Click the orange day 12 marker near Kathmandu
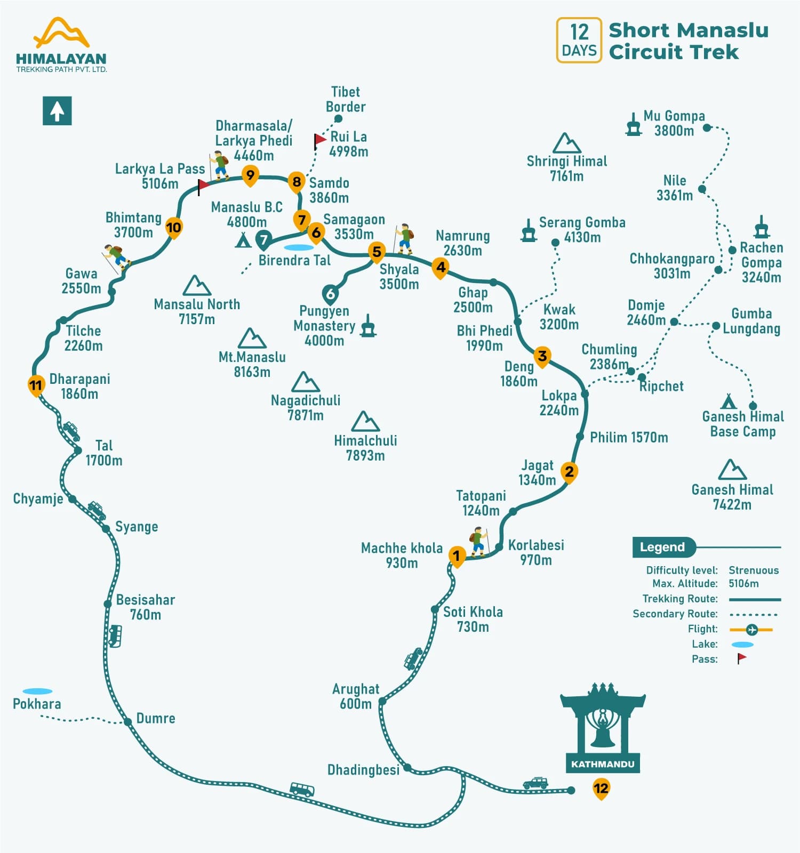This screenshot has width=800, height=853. pyautogui.click(x=601, y=788)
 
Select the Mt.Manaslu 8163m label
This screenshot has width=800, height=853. pyautogui.click(x=252, y=364)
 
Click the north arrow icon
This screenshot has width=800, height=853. pyautogui.click(x=57, y=111)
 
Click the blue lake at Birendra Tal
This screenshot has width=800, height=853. pyautogui.click(x=299, y=247)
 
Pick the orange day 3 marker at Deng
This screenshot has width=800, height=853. pyautogui.click(x=542, y=356)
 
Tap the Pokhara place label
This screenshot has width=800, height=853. pyautogui.click(x=37, y=704)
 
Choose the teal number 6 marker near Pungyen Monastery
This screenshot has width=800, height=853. pyautogui.click(x=331, y=294)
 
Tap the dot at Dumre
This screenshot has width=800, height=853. pyautogui.click(x=128, y=722)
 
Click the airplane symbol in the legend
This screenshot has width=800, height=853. pyautogui.click(x=752, y=630)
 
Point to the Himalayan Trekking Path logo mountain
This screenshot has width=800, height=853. pyautogui.click(x=62, y=33)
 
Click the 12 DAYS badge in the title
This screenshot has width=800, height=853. pyautogui.click(x=579, y=40)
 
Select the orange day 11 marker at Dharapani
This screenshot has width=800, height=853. pyautogui.click(x=36, y=385)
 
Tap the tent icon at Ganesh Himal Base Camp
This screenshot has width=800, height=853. pyautogui.click(x=728, y=401)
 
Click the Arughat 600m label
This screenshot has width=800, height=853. pyautogui.click(x=356, y=696)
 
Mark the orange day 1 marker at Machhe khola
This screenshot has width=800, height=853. pyautogui.click(x=456, y=556)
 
